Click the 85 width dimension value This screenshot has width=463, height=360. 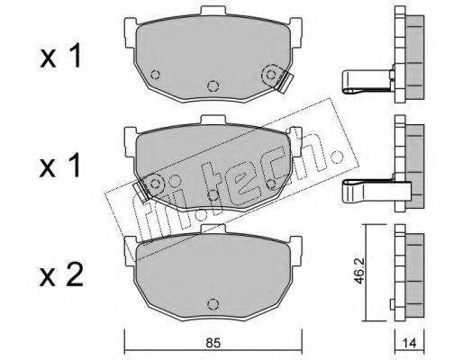(x=213, y=343)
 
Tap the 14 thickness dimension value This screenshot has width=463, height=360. (x=409, y=343)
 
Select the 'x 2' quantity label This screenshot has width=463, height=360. (x=61, y=275)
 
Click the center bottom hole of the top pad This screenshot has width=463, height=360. (x=213, y=86)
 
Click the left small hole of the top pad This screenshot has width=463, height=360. (x=156, y=74)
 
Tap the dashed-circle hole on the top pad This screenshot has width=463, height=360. (x=271, y=75)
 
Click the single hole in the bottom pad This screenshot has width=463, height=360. (x=213, y=304)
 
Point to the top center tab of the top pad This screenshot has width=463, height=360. (x=213, y=10)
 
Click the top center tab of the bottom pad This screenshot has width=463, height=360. (x=213, y=229)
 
